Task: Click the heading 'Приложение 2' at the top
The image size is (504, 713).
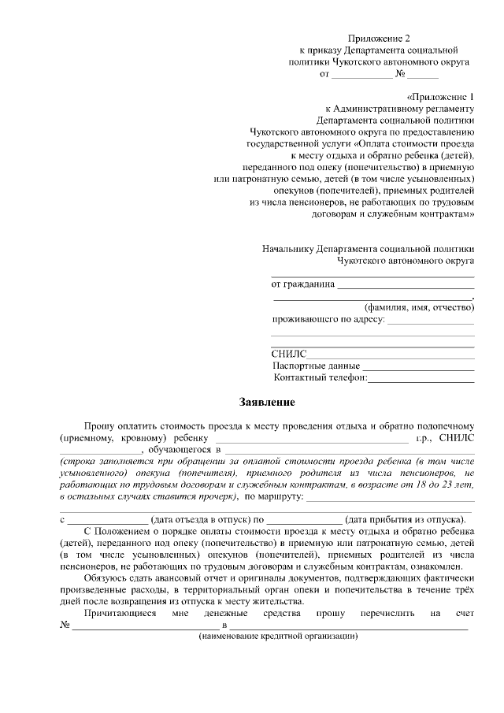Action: click(x=380, y=37)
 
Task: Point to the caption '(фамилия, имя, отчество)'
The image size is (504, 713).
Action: click(x=418, y=308)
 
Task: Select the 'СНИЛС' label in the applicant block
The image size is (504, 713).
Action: click(x=288, y=355)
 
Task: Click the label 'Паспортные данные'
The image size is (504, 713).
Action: click(x=317, y=366)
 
